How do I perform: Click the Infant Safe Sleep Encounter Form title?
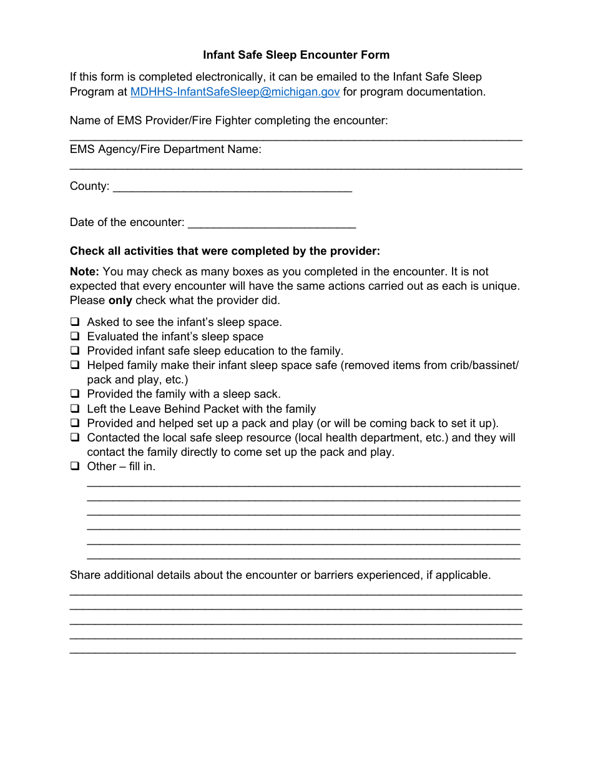(x=296, y=55)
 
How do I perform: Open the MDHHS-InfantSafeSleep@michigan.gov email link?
(x=235, y=92)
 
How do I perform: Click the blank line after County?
(x=232, y=188)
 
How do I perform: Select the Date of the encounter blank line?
(x=272, y=224)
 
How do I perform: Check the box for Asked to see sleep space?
(x=75, y=322)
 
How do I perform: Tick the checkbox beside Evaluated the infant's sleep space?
(x=75, y=337)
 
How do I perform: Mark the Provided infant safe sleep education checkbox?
(x=75, y=351)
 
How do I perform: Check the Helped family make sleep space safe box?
(x=75, y=365)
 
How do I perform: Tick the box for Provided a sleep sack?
(x=75, y=394)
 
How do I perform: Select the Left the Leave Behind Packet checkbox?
(x=75, y=409)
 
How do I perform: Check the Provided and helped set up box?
(x=75, y=423)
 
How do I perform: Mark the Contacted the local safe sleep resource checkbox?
(x=75, y=438)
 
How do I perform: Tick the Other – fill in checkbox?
(x=75, y=466)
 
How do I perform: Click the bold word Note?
(x=84, y=272)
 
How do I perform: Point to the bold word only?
(x=120, y=300)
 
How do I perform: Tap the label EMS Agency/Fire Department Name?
(x=165, y=149)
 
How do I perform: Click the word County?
(x=89, y=186)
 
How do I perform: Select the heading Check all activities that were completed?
(x=225, y=251)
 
